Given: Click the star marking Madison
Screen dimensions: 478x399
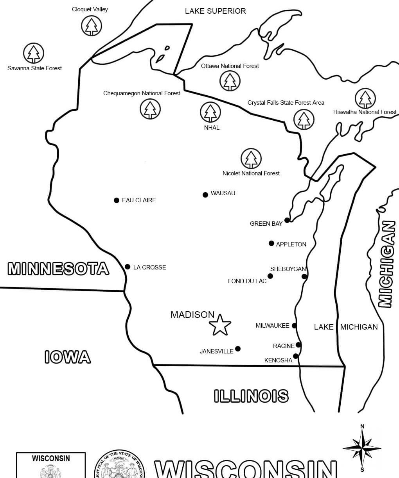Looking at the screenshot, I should click(x=220, y=325).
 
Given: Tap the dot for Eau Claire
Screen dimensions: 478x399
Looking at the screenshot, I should click(x=116, y=200).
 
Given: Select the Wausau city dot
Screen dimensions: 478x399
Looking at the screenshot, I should click(x=205, y=194).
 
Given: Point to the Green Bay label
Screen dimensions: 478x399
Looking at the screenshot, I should click(x=266, y=224).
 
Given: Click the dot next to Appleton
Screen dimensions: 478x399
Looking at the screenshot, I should click(x=271, y=243).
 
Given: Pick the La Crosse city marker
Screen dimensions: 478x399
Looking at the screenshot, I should click(x=128, y=267).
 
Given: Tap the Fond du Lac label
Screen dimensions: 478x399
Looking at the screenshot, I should click(x=247, y=281).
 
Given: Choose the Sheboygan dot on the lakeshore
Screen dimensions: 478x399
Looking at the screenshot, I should click(x=304, y=276).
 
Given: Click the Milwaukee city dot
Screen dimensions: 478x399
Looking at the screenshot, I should click(x=295, y=326).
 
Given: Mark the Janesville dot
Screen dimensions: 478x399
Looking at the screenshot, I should click(x=238, y=349).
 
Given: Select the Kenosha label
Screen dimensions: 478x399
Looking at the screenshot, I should click(x=278, y=360).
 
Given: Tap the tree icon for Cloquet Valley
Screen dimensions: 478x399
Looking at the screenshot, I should click(x=91, y=26).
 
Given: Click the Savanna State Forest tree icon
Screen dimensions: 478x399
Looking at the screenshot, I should click(x=34, y=54).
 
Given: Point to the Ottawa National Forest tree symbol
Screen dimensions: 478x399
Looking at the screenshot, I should click(x=230, y=81).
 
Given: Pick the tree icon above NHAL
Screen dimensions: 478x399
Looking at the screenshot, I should click(x=210, y=112).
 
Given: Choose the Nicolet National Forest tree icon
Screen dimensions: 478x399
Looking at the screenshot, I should click(x=251, y=159).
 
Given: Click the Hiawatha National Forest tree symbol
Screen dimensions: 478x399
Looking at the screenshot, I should click(x=365, y=98).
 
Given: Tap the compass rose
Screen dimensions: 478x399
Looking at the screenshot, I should click(x=362, y=448).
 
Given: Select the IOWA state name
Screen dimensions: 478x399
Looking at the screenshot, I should click(x=67, y=357).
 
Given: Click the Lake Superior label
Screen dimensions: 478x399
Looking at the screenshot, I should click(x=215, y=11).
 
